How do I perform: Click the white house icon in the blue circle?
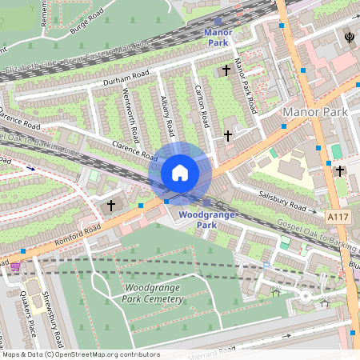point(180,173)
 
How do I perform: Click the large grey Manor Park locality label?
point(315,113)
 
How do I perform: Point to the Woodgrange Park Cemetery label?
point(153,293)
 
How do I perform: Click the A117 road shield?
point(338,216)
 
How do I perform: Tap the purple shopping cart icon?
point(14,266)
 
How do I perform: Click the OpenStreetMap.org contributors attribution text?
point(107,354)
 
